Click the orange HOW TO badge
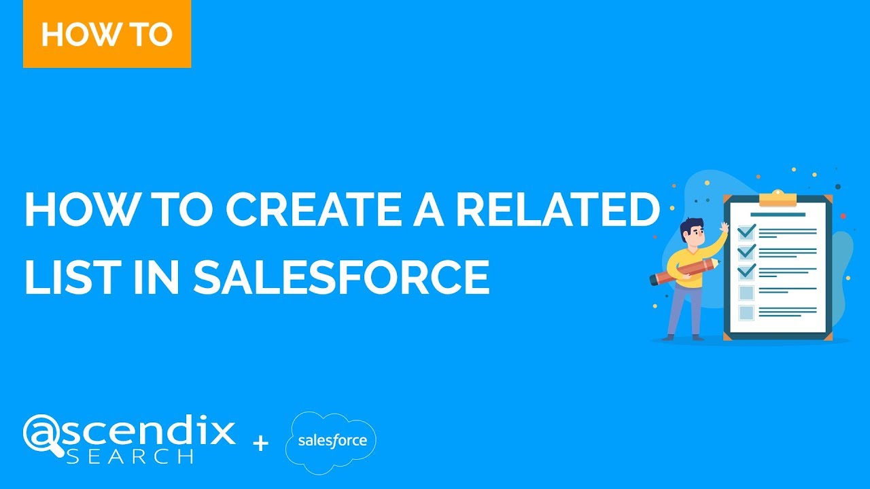coord(107,34)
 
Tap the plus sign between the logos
coord(261,443)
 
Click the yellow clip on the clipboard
coord(778,200)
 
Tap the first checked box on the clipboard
coord(746,232)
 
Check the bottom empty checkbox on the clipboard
coord(746,312)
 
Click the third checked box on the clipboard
coord(746,271)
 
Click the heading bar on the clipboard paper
coord(778,214)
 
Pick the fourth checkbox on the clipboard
coord(746,293)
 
